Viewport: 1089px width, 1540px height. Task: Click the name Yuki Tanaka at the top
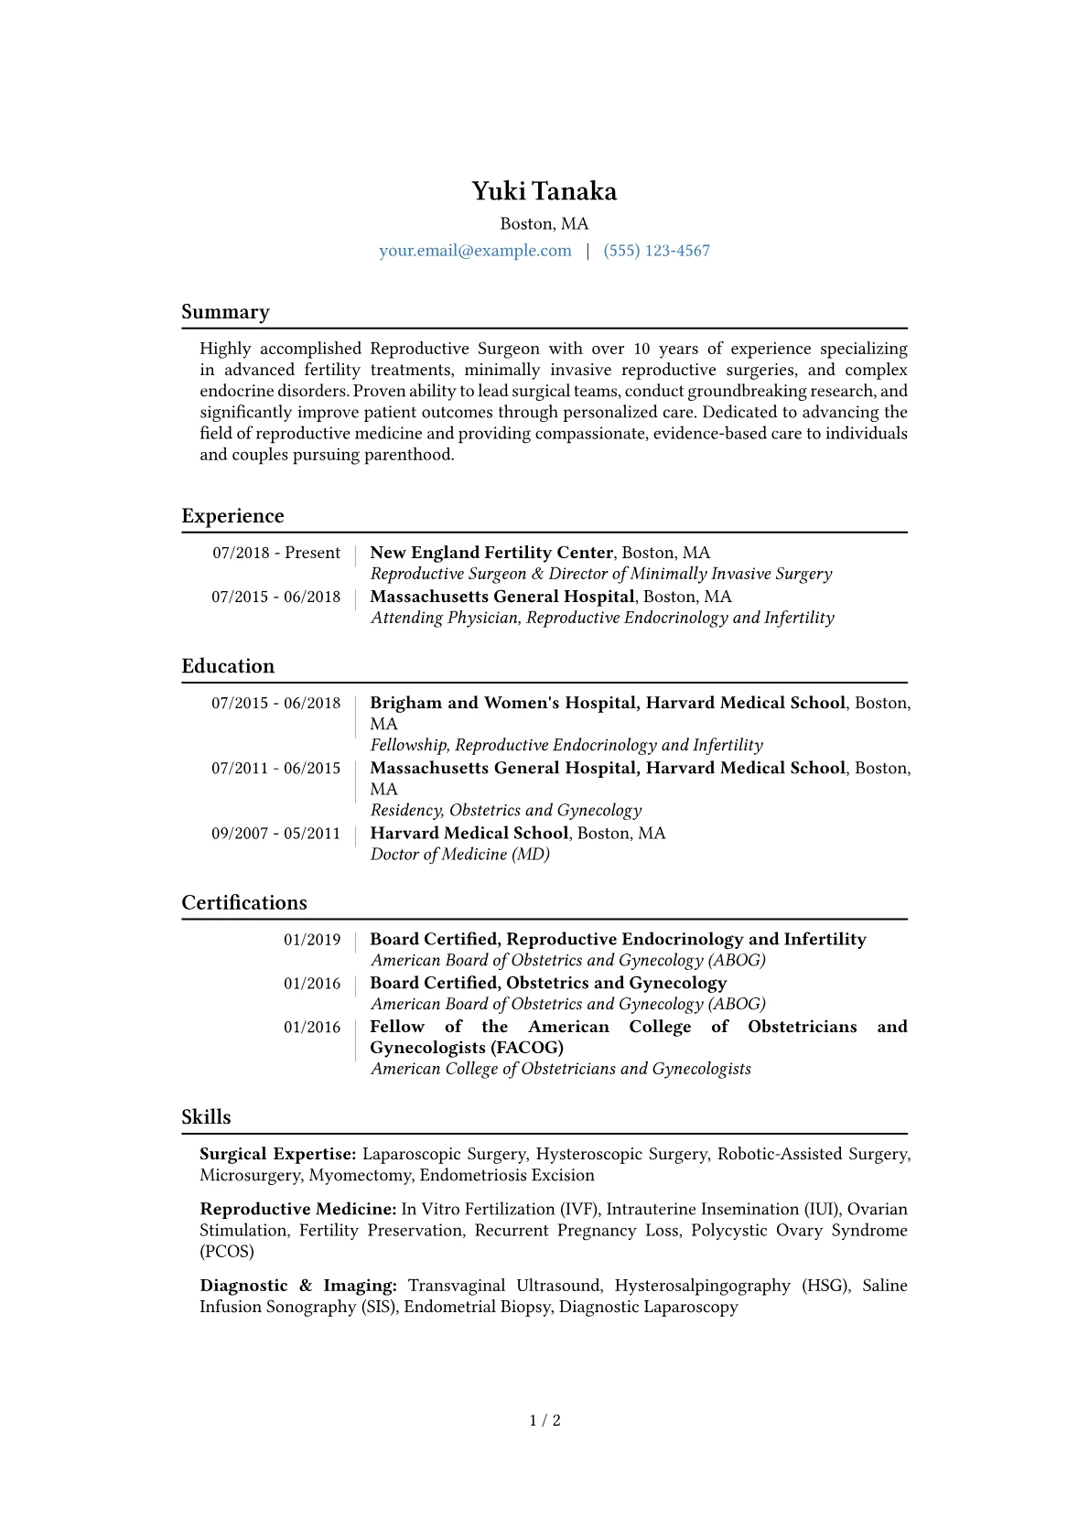544,191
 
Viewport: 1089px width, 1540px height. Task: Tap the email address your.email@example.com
475,251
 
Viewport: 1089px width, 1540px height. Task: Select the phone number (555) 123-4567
656,251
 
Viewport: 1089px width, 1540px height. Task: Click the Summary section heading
225,312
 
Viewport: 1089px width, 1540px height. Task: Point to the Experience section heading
232,516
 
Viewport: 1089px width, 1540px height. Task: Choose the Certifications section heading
244,903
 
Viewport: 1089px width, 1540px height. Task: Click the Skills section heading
206,1117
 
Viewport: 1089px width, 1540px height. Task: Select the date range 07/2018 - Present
276,553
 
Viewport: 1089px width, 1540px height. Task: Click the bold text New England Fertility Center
491,553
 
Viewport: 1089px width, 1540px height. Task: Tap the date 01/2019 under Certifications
312,940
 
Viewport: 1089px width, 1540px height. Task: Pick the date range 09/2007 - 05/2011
275,834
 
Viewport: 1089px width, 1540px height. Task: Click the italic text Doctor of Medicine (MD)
459,855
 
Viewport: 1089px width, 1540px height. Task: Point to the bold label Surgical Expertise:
277,1154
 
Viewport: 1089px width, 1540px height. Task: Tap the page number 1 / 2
544,1421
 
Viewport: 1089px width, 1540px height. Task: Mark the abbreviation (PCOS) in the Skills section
227,1252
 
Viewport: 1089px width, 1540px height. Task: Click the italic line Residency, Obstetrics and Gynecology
506,811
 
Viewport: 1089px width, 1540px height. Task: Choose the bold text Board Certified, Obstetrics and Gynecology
548,983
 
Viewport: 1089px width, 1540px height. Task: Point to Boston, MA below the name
544,224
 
